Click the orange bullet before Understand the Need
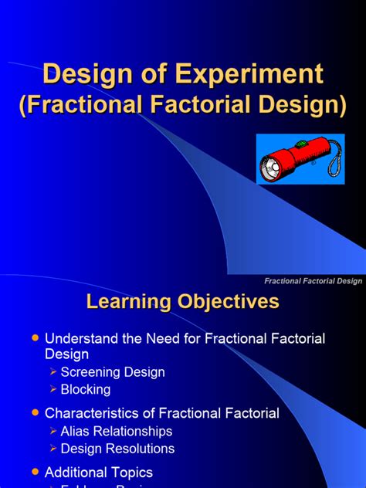(33, 339)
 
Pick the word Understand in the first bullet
(80, 339)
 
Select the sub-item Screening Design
(113, 372)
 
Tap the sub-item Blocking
(86, 390)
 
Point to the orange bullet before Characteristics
(33, 413)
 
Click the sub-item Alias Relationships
(117, 432)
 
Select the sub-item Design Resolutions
(117, 449)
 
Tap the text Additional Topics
(99, 472)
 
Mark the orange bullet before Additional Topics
(33, 472)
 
